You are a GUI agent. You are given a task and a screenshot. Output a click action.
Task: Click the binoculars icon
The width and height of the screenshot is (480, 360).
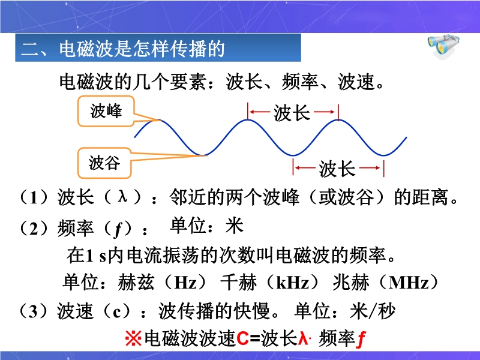click(x=443, y=46)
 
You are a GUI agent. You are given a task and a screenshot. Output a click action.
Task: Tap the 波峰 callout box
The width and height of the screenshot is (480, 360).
click(x=106, y=111)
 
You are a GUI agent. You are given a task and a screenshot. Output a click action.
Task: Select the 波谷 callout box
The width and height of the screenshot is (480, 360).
click(x=104, y=163)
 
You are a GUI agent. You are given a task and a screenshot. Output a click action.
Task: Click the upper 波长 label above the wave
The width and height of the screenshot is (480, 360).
click(x=292, y=113)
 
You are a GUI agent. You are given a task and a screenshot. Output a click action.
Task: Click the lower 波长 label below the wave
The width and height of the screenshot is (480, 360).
click(x=337, y=169)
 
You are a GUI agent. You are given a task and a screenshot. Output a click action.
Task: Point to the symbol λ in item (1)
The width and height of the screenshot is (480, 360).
click(x=123, y=196)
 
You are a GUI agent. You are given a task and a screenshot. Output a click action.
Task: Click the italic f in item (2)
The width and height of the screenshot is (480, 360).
click(x=118, y=229)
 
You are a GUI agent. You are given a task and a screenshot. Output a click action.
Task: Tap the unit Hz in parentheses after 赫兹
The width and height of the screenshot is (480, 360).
click(x=185, y=283)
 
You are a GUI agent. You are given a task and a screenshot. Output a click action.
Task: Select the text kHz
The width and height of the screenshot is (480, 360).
click(x=293, y=283)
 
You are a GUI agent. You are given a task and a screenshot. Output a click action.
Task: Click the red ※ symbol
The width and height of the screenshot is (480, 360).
click(x=133, y=338)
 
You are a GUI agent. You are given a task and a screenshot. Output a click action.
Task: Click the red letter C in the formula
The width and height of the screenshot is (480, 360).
click(x=242, y=338)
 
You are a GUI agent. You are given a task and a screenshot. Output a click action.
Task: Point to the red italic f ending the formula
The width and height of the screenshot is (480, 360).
click(x=361, y=339)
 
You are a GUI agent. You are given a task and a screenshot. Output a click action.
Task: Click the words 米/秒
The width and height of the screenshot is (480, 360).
click(x=372, y=311)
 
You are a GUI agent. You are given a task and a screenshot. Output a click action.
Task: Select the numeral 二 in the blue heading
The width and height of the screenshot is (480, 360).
click(x=30, y=49)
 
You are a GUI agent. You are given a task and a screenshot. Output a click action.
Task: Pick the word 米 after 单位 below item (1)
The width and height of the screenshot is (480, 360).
click(x=235, y=226)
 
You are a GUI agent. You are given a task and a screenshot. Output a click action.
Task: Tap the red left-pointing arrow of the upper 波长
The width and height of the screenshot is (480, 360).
click(x=260, y=112)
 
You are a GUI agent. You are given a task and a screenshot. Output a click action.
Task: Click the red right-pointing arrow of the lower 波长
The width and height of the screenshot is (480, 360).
click(x=370, y=168)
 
